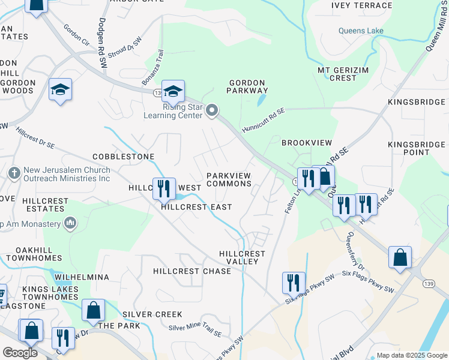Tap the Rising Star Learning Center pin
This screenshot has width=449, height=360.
tap(211, 110)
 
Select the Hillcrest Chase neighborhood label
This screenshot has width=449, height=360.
tap(192, 271)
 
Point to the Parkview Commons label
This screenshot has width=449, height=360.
tap(229, 179)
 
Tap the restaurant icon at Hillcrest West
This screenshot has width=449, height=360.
tap(163, 188)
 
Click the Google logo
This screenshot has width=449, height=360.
tap(20, 352)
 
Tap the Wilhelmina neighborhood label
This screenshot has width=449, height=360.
tap(81, 277)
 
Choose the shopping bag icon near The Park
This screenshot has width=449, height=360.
tap(93, 311)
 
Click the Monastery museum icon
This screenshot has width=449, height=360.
tap(70, 224)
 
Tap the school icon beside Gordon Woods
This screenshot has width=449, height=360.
tap(60, 90)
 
